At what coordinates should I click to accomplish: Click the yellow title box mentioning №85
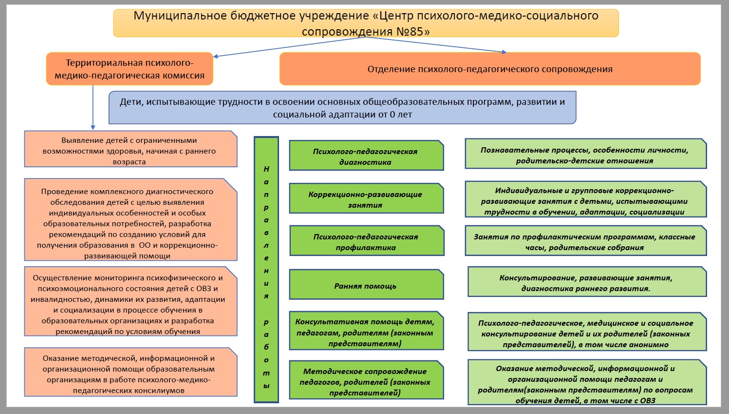click(366, 23)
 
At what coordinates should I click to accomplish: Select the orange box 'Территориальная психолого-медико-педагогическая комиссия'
click(130, 69)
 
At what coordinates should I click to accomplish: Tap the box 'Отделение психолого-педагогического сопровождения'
click(489, 69)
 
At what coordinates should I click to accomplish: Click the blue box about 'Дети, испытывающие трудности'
click(342, 108)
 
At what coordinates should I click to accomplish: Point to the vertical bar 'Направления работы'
click(266, 270)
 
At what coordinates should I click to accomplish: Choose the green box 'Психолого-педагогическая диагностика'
click(366, 156)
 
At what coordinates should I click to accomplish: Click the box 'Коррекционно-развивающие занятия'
click(366, 199)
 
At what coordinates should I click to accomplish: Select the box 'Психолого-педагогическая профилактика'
click(366, 241)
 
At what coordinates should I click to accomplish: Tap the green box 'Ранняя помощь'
click(366, 285)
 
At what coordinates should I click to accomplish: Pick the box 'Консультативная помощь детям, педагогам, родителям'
click(366, 332)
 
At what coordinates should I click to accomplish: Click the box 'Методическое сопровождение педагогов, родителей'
click(366, 381)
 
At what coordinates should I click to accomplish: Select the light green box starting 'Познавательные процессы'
click(585, 155)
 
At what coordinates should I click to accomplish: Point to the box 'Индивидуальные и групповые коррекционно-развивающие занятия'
click(585, 200)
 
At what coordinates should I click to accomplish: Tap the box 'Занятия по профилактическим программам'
click(585, 241)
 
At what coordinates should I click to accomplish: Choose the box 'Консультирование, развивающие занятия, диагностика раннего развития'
click(586, 282)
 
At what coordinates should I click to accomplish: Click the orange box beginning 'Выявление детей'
click(130, 150)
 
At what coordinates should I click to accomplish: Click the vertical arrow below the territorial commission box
click(93, 107)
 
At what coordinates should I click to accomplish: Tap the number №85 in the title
click(412, 32)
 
